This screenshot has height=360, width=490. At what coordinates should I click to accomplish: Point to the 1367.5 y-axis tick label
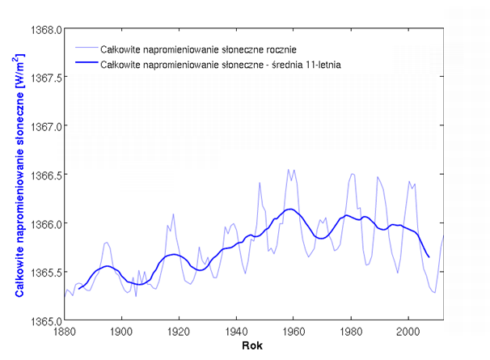(46, 78)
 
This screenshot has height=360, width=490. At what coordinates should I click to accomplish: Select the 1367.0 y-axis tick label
(46, 126)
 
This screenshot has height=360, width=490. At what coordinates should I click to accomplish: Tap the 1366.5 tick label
(46, 175)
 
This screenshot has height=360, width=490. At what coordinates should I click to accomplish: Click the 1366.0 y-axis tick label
(46, 223)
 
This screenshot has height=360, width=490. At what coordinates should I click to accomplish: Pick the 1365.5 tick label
(46, 272)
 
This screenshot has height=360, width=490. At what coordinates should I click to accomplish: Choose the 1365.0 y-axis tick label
(46, 320)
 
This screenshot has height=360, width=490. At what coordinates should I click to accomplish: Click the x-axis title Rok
(253, 347)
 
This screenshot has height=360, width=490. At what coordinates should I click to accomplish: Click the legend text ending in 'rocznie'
(193, 49)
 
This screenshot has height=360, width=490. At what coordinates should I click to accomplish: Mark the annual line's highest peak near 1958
(288, 170)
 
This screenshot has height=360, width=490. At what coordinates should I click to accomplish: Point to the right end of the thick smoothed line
(429, 256)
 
